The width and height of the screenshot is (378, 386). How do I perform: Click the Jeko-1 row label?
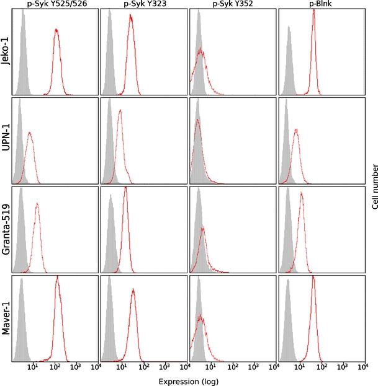(6, 50)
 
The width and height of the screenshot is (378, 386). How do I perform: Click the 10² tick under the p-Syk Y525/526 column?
(55, 370)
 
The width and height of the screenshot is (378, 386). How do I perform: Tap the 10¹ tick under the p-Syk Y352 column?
(211, 370)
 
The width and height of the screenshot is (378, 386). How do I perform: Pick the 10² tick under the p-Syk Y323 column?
(144, 370)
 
